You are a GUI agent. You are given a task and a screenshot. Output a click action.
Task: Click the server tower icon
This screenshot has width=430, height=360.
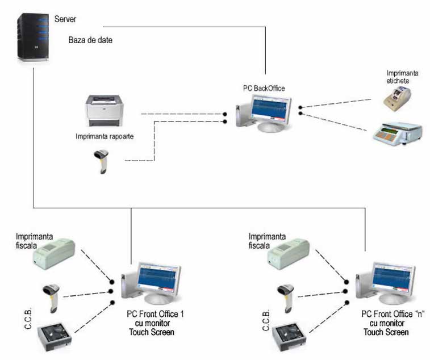[x=34, y=36]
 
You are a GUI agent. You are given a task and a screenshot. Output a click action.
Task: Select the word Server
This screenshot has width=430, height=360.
[x=65, y=19]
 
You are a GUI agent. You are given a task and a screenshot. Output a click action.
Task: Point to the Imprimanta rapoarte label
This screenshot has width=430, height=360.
[x=105, y=137]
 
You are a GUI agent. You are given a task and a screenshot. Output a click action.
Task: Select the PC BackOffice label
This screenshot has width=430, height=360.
[x=262, y=89]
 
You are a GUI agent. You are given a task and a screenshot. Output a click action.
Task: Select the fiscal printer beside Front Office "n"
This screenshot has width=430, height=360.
[x=289, y=252]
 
